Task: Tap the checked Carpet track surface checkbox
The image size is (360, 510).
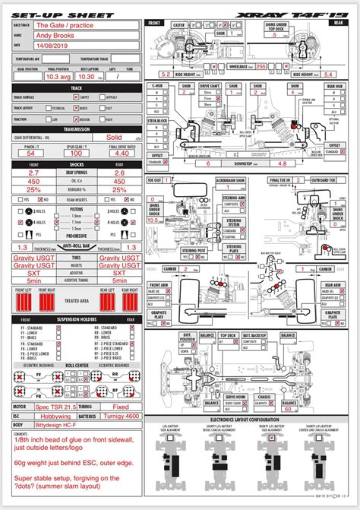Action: click(x=74, y=97)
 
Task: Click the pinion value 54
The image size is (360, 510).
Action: click(x=30, y=153)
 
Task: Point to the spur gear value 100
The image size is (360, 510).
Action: click(x=77, y=153)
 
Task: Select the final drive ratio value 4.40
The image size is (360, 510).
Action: click(x=122, y=153)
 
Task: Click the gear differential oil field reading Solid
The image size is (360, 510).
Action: click(x=114, y=138)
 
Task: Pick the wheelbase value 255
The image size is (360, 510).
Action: click(x=261, y=67)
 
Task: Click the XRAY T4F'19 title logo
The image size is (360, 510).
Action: click(x=305, y=14)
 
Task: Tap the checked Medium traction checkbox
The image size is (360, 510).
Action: click(x=74, y=119)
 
